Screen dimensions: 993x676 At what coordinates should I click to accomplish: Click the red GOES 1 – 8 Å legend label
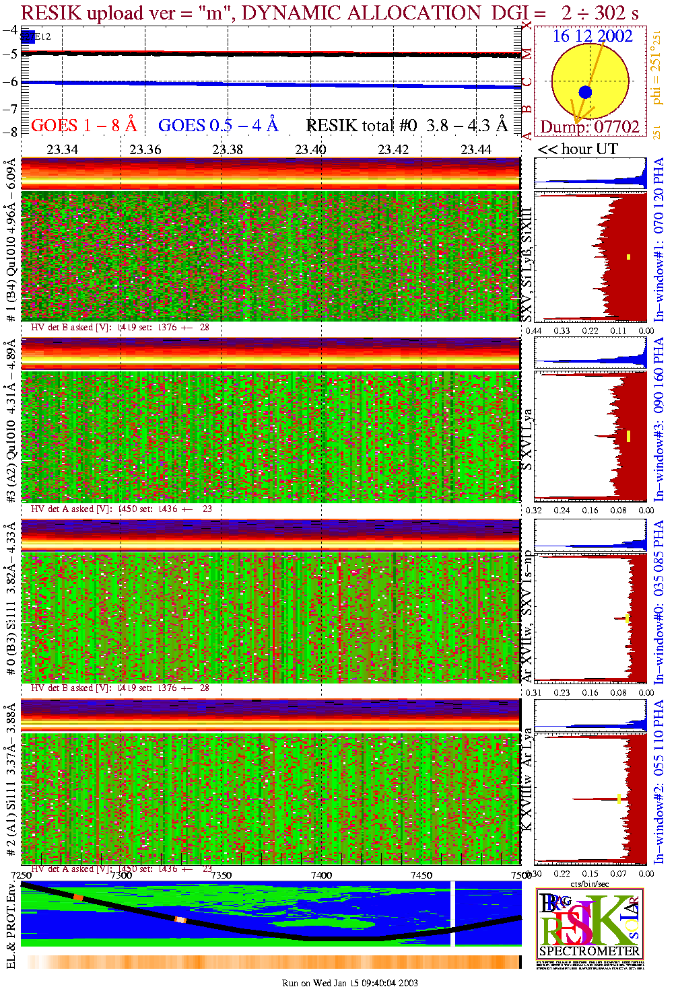[83, 125]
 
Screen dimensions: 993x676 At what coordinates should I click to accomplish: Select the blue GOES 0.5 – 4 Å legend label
[217, 125]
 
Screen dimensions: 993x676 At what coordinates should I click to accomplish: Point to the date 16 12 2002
[593, 36]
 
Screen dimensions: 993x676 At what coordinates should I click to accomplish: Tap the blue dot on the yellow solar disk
[585, 92]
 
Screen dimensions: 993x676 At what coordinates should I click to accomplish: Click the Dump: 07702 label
[590, 126]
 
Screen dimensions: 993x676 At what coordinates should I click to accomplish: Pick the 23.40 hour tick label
[310, 149]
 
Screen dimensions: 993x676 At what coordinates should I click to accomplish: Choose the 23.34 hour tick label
[62, 149]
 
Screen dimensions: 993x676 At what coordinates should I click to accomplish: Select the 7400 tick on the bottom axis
[321, 875]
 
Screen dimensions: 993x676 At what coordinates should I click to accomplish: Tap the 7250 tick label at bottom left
[21, 875]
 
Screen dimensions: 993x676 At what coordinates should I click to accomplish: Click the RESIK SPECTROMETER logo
[589, 923]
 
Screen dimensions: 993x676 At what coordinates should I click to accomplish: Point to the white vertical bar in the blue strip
[452, 913]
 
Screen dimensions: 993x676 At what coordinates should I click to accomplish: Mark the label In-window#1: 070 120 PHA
[658, 239]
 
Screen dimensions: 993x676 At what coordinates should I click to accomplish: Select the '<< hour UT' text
[578, 149]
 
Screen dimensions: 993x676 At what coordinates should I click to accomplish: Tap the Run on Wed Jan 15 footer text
[349, 983]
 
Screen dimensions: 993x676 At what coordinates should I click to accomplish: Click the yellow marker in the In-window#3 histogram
[628, 436]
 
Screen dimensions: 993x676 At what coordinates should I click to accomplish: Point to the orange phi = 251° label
[656, 71]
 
